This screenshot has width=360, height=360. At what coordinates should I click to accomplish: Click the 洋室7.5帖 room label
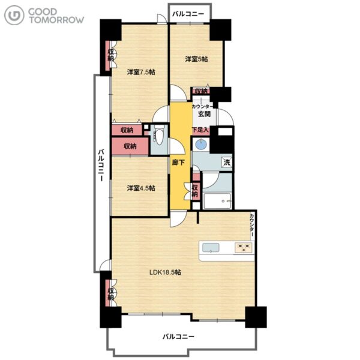pos(141,72)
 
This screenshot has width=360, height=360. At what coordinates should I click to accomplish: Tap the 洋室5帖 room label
pos(197,59)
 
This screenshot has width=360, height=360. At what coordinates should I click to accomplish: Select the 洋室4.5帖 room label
pos(141,188)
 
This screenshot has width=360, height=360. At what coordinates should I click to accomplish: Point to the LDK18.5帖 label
pos(165,272)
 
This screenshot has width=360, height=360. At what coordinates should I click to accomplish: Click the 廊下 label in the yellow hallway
pos(178,163)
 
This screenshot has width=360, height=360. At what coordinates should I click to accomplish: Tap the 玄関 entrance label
pos(204,113)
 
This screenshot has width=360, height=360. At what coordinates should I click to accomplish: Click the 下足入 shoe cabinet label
pos(200,130)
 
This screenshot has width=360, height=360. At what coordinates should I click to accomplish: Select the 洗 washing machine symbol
pos(227,163)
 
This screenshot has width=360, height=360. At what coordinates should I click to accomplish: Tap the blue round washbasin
pos(200,145)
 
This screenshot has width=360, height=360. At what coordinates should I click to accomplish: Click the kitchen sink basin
pos(211,248)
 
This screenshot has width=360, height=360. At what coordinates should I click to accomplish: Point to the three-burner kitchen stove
pos(243,247)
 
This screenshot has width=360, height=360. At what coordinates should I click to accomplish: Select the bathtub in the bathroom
pos(217,201)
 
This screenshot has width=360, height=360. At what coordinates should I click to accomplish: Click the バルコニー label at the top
pos(188,14)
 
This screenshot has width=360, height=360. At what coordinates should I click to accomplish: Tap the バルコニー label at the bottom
pos(179,337)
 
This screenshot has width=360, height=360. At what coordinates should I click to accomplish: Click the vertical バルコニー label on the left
pos(101,166)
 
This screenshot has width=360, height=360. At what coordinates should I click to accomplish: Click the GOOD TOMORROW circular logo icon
pos(14,15)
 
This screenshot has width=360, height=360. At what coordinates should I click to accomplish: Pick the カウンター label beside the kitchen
pos(252,225)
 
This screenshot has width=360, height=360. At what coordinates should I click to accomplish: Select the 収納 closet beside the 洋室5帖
pos(202,91)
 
